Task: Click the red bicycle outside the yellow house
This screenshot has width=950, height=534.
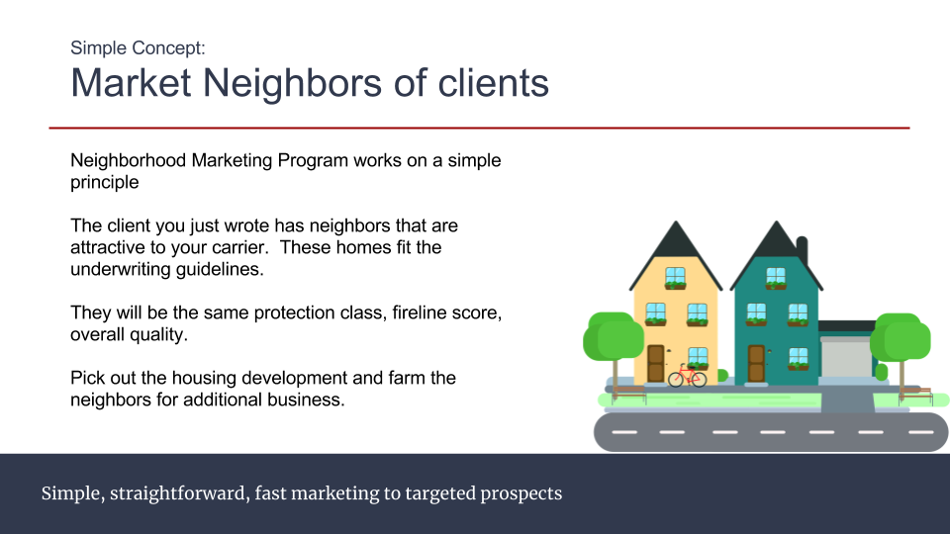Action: (x=688, y=376)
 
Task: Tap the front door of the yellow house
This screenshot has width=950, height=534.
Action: (x=655, y=363)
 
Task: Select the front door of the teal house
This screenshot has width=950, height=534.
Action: (x=756, y=363)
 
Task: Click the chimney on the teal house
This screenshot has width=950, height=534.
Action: (x=803, y=250)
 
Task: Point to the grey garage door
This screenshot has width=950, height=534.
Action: (x=846, y=358)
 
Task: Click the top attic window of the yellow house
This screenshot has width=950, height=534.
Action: (x=675, y=278)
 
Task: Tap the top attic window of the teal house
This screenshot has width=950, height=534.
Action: (x=776, y=278)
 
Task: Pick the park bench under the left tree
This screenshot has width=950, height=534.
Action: (x=629, y=395)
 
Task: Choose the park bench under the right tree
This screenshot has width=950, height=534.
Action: (x=914, y=395)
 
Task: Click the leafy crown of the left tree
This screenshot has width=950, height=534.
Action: (x=614, y=336)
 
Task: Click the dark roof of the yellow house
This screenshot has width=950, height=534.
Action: (x=676, y=254)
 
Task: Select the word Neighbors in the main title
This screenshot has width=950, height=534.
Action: (x=292, y=82)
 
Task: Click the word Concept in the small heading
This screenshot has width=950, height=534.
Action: (x=168, y=47)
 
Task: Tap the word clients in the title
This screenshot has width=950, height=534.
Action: (x=493, y=82)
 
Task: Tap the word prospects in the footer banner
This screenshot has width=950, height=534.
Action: (x=522, y=494)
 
